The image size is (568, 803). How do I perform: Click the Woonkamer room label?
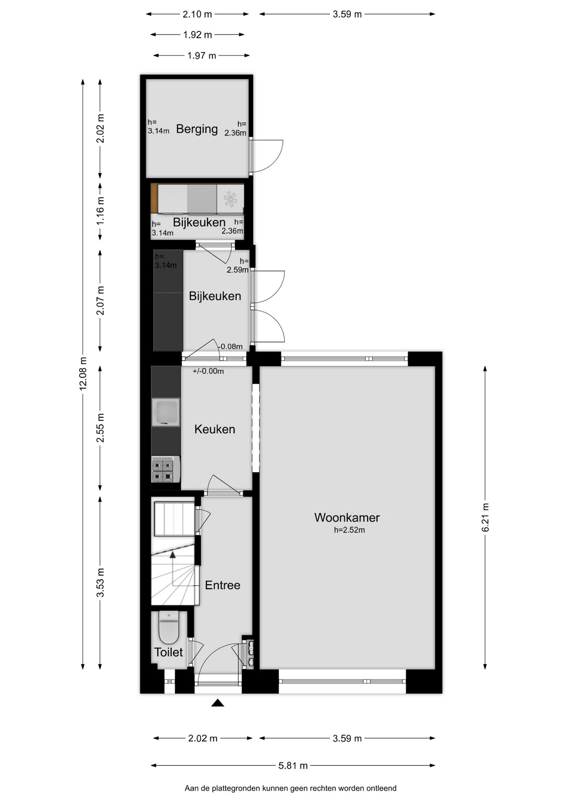[347, 517]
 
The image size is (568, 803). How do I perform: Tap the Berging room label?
[197, 129]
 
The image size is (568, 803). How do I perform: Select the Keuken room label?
[215, 429]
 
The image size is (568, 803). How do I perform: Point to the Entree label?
[223, 585]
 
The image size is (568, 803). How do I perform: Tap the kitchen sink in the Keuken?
[166, 412]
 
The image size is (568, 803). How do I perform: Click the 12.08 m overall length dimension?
[83, 374]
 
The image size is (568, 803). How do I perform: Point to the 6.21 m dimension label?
[485, 518]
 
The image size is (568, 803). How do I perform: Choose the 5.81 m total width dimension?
[293, 765]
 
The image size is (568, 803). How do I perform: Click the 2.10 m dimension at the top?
[197, 14]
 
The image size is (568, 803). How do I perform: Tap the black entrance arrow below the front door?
[217, 703]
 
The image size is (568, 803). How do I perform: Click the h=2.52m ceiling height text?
[349, 530]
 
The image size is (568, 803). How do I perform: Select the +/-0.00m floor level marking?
[208, 371]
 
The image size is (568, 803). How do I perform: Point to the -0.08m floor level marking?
[230, 346]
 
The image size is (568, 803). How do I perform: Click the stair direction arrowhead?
[172, 555]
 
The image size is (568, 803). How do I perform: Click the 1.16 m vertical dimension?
[100, 211]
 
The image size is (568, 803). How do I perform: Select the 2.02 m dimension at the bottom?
[202, 738]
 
